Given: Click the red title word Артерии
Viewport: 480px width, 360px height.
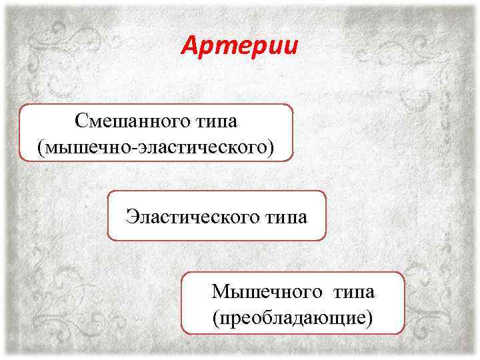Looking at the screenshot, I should (x=240, y=46).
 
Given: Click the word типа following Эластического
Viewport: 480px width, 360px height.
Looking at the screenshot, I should (x=281, y=216).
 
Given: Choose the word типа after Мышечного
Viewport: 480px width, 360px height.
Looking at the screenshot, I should (x=346, y=292).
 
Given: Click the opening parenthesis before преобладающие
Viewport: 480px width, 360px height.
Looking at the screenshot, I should (x=215, y=316).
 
